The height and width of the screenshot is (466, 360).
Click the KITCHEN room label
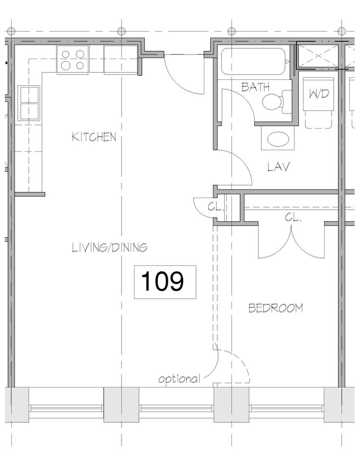[94, 137]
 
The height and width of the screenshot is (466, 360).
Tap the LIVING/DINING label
[110, 247]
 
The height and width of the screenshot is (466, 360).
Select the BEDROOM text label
[275, 308]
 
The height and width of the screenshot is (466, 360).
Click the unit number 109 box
[165, 282]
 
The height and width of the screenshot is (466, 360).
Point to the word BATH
[255, 87]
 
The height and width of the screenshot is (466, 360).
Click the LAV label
[278, 167]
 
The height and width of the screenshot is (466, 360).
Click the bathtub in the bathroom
[254, 62]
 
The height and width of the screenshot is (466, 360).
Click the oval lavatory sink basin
[278, 140]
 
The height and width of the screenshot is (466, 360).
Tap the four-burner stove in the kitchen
[72, 60]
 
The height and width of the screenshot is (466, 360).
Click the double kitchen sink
[28, 103]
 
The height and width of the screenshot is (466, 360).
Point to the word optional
[179, 379]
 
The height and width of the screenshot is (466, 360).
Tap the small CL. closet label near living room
[215, 207]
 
